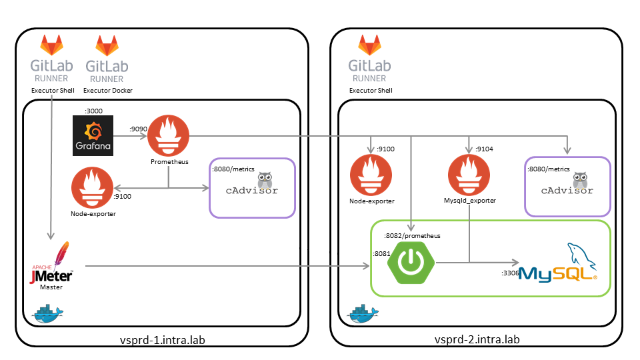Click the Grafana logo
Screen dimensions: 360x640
point(93,136)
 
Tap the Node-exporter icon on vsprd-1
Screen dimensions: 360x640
point(93,188)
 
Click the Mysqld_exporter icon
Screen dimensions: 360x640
point(470,175)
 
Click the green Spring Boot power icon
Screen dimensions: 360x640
point(414,263)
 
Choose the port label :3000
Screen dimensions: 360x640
point(93,110)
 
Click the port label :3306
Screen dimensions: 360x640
point(510,273)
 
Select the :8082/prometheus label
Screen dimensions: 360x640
point(412,235)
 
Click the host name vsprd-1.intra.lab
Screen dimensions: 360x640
point(161,339)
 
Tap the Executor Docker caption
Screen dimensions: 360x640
point(105,90)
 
